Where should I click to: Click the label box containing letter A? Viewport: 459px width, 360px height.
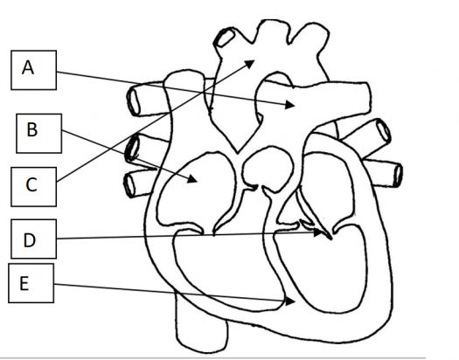(34, 70)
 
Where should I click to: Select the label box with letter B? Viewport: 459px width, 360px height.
(39, 134)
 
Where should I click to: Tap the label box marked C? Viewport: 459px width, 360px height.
(34, 187)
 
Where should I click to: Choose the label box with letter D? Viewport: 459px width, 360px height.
(34, 239)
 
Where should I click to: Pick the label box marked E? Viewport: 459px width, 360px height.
(31, 283)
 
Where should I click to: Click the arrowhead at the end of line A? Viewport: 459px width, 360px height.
(290, 104)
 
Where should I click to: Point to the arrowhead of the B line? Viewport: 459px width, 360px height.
(192, 178)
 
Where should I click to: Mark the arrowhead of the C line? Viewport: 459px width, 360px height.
(250, 64)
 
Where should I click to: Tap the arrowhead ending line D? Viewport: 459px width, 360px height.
(317, 232)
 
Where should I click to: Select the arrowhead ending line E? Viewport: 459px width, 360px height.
(290, 301)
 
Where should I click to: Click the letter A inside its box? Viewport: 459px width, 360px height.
(28, 68)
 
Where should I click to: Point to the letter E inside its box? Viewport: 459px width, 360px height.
(24, 283)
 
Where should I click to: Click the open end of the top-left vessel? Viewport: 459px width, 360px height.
(134, 101)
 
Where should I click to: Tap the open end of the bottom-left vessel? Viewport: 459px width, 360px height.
(129, 184)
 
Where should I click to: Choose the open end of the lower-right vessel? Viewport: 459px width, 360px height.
(399, 175)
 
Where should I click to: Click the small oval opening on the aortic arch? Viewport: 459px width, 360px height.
(226, 38)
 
